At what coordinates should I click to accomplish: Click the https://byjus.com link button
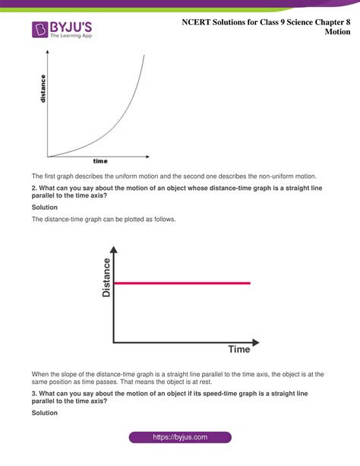pos(180,438)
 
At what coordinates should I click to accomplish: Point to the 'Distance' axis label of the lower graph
pos(106,277)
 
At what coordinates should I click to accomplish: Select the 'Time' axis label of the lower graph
pos(239,350)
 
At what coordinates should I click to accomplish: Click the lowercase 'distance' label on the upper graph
pos(43,88)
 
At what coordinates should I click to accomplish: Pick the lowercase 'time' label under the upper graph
pos(100,161)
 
